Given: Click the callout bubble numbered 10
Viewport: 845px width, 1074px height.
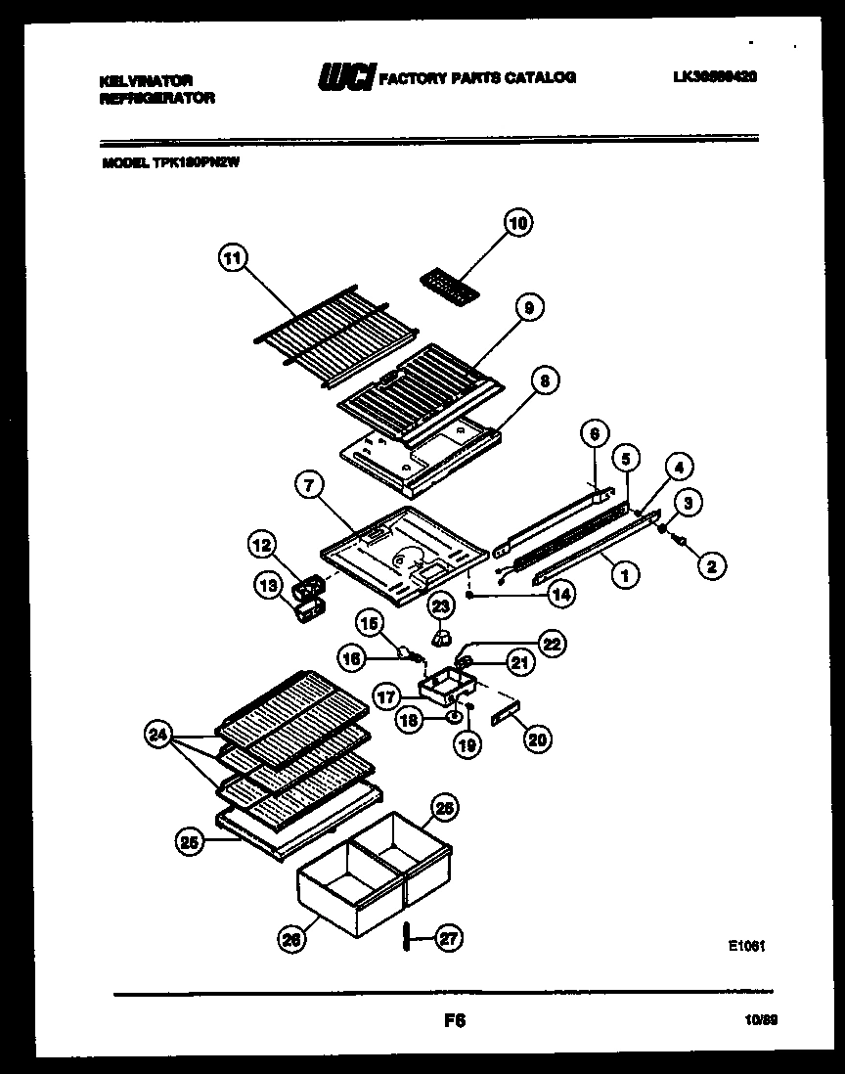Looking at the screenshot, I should [518, 224].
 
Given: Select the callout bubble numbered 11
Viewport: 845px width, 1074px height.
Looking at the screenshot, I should [232, 259].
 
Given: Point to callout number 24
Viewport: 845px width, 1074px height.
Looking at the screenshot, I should [157, 733].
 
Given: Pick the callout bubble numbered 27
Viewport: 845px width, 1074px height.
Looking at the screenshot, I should [447, 938].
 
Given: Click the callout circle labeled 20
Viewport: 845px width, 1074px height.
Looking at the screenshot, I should [537, 739].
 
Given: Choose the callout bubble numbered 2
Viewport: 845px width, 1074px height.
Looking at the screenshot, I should [712, 564].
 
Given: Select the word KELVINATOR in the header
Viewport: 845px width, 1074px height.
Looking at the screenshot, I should [146, 80].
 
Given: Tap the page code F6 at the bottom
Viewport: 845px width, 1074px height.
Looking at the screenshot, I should [454, 1020].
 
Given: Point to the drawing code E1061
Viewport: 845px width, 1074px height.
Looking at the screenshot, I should [745, 946].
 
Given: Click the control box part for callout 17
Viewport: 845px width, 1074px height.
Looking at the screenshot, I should [443, 683].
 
